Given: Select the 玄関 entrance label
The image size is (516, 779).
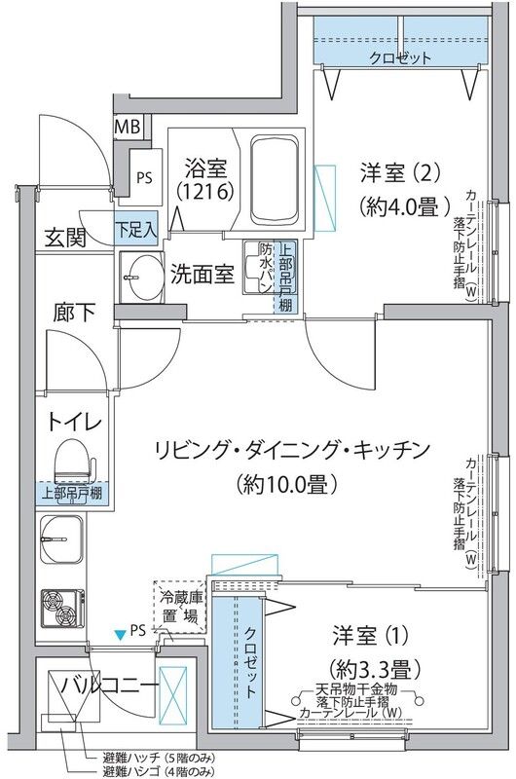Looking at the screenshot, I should point(65,238).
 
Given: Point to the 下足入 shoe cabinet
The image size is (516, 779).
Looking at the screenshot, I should point(136,231).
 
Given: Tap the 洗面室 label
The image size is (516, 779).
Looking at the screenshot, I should point(203,275).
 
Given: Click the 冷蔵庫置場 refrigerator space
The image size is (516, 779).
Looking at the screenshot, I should point(180,607).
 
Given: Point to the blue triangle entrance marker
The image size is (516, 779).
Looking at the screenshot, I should point(120,636).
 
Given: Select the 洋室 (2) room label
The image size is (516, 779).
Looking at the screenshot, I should point(387,172).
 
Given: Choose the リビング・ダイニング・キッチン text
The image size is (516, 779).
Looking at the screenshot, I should point(291,449).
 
